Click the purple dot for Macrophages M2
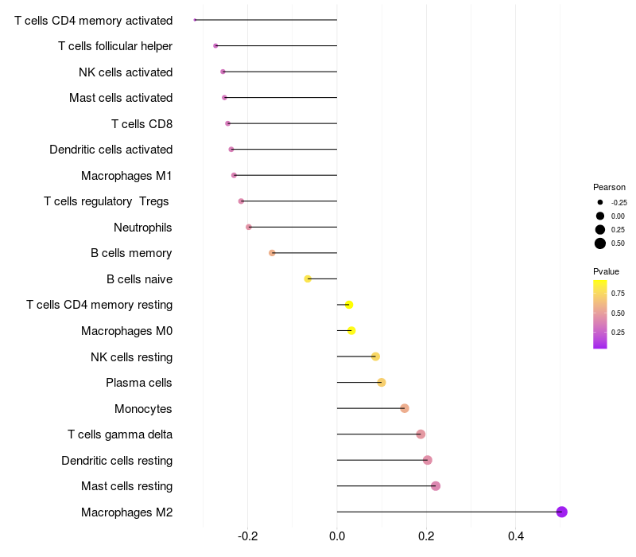click(561, 512)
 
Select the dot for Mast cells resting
click(435, 486)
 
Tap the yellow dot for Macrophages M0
click(351, 330)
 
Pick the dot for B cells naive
click(308, 278)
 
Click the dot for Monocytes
click(405, 408)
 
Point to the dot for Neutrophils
click(249, 227)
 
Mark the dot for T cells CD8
click(227, 123)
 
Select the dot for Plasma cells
click(382, 382)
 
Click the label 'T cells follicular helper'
click(115, 46)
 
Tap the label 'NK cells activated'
click(126, 72)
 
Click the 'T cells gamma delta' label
click(120, 434)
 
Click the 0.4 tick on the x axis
click(515, 537)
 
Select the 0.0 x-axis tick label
click(337, 537)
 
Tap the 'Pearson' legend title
click(609, 187)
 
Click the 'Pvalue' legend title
click(606, 271)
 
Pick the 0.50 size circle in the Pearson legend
click(600, 243)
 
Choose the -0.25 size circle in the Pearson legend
click(600, 202)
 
